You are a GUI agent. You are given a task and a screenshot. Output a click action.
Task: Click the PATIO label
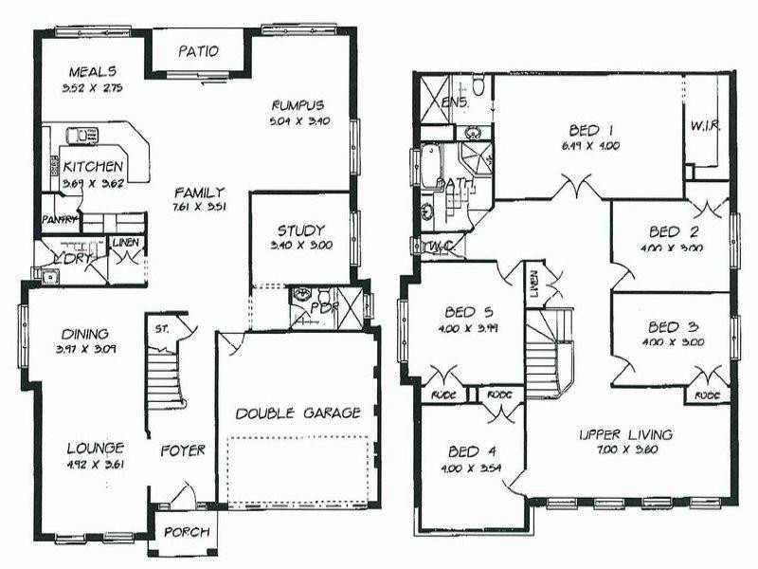point(200,51)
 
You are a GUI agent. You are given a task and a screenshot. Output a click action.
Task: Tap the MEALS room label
point(92,71)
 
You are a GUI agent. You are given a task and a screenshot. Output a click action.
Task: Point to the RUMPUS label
point(298,105)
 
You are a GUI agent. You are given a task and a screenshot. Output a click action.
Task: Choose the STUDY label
point(301,230)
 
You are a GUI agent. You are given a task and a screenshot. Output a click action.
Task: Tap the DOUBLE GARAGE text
point(298,413)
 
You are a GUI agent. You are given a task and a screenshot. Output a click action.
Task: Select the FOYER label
point(182,450)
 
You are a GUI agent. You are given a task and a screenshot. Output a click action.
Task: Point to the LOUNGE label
point(94,449)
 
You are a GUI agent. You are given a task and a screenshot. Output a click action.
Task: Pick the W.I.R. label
point(707,124)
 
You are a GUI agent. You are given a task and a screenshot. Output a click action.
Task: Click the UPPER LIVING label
point(626,434)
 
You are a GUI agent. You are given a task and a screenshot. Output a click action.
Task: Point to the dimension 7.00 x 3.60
point(626,450)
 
